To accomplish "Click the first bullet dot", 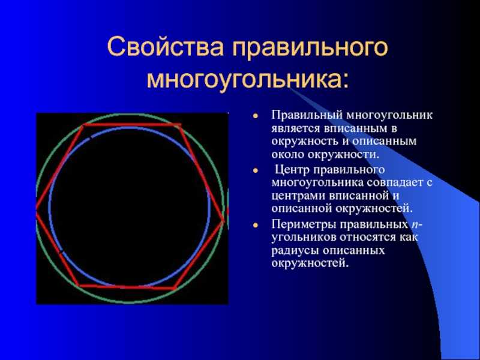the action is pos(256,116).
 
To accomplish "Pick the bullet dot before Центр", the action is pos(256,170).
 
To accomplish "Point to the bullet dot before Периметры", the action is pos(256,226).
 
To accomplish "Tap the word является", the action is pos(295,129).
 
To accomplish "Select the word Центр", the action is pos(293,170).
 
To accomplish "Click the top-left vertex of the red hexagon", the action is pos(83,125).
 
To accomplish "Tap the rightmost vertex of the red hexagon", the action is pos(223,220).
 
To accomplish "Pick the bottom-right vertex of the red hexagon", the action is pos(175,288).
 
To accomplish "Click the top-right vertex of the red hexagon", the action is pos(180,125).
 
